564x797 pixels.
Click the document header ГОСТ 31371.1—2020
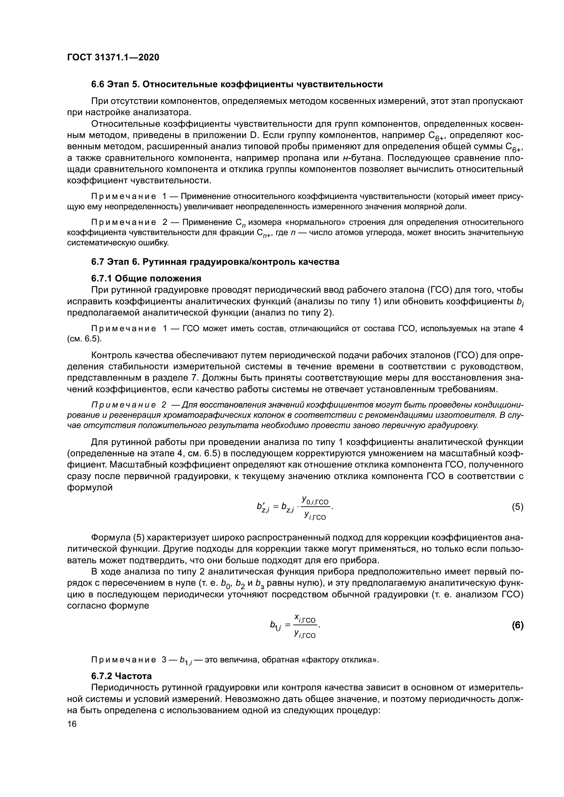[x=113, y=57]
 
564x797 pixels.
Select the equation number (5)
[x=517, y=507]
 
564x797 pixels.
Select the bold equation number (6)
[x=517, y=625]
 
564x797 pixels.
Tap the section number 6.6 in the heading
[x=98, y=85]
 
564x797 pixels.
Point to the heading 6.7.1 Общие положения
[x=146, y=278]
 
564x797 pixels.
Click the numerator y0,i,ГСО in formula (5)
[x=315, y=500]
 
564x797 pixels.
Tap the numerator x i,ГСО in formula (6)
[x=305, y=618]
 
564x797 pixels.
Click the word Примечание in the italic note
[x=123, y=405]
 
